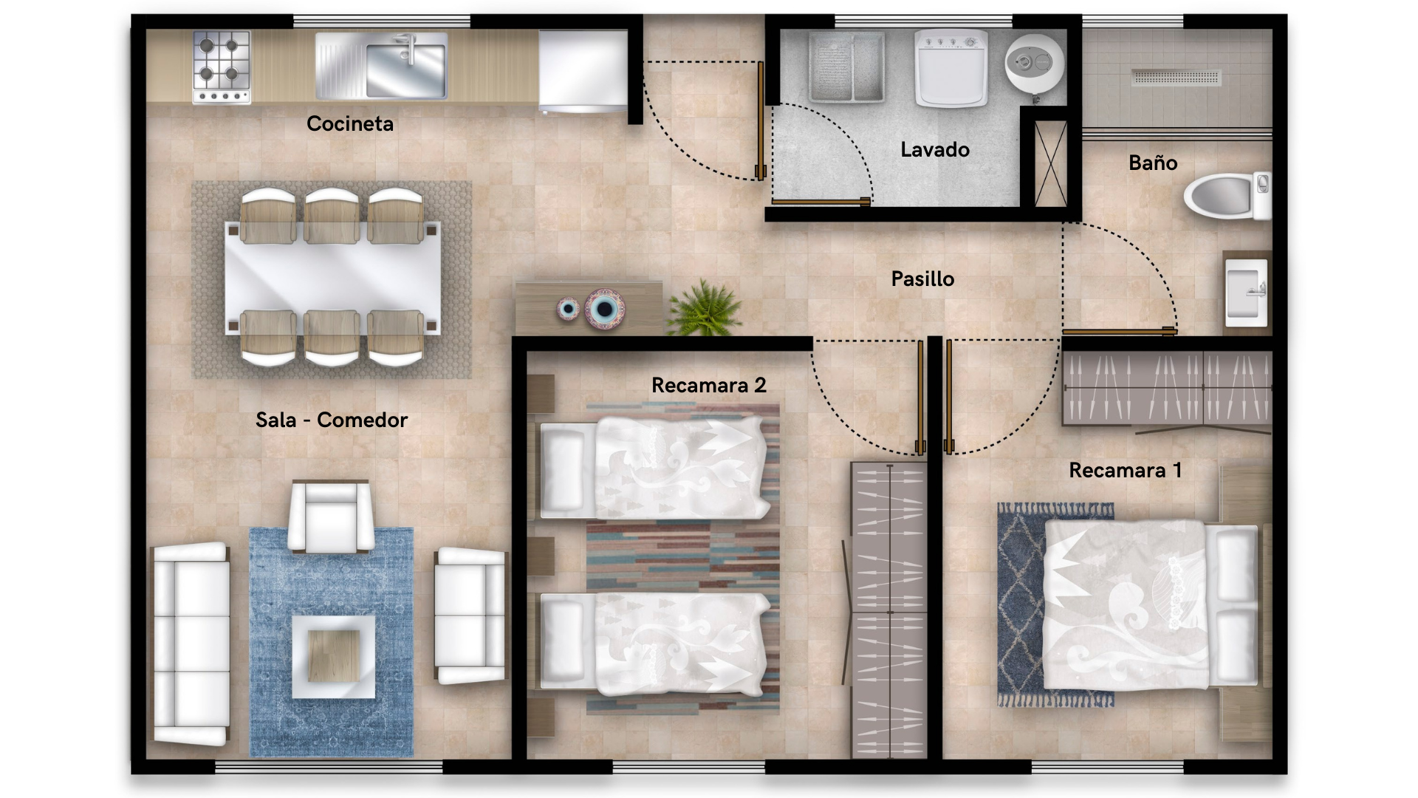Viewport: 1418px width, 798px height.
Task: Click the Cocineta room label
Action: pos(350,123)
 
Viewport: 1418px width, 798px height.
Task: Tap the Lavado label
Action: pos(935,149)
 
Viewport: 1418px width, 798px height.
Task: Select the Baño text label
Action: pos(1153,163)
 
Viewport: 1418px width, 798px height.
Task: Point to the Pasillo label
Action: pos(922,279)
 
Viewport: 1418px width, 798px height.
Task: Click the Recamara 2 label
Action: pos(709,385)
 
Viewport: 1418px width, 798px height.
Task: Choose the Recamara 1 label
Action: pos(1126,470)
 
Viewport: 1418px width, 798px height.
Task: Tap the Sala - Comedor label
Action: pos(332,420)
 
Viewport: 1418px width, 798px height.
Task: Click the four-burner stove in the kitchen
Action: pos(222,66)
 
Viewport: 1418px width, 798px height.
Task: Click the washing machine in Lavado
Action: pos(951,68)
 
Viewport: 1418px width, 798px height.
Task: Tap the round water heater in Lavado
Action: pos(1034,64)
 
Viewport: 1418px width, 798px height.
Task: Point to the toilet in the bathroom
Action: pos(1227,196)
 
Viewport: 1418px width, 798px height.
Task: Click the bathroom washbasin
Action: pos(1247,293)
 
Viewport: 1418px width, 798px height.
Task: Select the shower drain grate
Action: pos(1176,77)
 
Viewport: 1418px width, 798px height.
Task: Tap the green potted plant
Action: pos(704,307)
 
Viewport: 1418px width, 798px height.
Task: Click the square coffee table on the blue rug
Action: pos(333,657)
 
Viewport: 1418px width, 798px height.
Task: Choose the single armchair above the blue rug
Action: pos(330,516)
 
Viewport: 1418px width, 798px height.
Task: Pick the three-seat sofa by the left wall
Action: pos(191,644)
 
